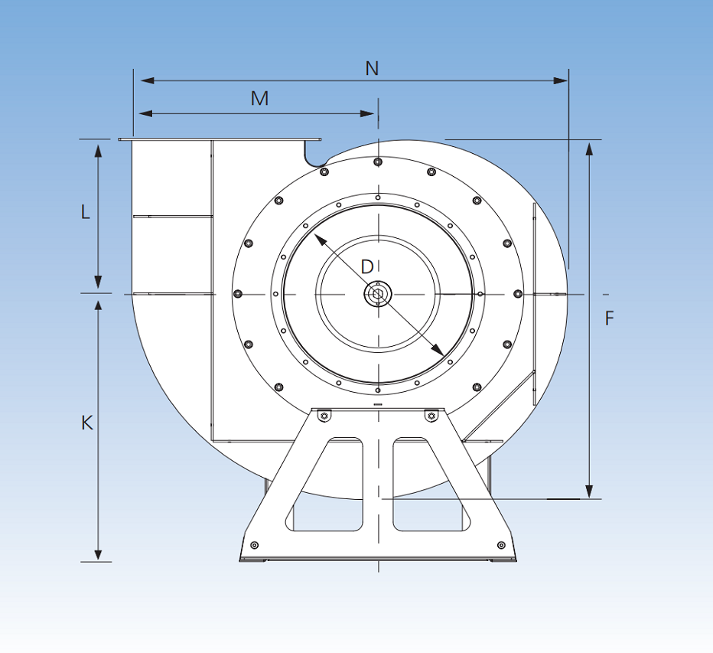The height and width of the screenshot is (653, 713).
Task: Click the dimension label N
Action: [x=372, y=68]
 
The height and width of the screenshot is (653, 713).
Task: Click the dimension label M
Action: [x=260, y=99]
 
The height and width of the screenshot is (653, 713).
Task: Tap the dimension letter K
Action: [x=87, y=422]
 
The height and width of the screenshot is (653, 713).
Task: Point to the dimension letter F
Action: [x=610, y=318]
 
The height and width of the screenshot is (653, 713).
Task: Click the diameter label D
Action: [x=367, y=266]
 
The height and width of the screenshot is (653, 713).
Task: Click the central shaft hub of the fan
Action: [x=378, y=294]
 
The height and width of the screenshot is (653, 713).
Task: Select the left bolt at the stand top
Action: [x=324, y=416]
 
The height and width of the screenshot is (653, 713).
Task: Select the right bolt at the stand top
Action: [x=431, y=416]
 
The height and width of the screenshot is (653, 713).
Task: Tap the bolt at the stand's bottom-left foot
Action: [x=255, y=545]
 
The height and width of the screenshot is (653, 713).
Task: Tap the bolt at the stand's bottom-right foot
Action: [x=501, y=545]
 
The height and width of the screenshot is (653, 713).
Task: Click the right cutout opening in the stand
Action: [x=427, y=485]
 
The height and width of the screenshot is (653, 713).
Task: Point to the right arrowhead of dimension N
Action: [x=562, y=80]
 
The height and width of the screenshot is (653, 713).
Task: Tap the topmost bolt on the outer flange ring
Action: [x=378, y=162]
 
